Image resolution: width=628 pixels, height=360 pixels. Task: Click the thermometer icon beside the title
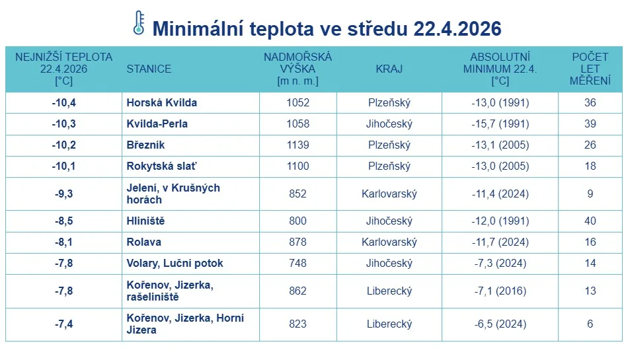point(139,23)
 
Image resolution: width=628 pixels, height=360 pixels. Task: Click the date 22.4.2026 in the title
point(457,29)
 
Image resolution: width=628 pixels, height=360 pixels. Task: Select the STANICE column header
point(149,69)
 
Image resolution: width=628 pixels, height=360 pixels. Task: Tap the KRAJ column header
point(389,69)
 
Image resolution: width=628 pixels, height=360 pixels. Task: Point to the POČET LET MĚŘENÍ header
point(590,69)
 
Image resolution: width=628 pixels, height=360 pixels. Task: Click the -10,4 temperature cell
point(63,103)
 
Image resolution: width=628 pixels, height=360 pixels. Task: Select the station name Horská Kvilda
point(162,103)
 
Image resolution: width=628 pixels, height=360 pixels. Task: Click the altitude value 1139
point(297,145)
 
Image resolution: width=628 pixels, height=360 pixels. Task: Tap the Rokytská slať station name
point(161,166)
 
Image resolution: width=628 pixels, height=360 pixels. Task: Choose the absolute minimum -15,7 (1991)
point(500,124)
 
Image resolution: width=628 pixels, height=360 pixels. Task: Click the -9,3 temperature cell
point(63,194)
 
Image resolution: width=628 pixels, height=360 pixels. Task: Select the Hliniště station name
point(146,221)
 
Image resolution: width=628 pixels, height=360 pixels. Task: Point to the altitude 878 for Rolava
point(297,242)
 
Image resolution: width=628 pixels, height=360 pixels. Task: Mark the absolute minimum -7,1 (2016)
point(500,291)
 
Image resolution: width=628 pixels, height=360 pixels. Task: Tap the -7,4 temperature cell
point(63,324)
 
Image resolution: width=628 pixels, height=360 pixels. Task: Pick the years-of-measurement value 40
point(590,221)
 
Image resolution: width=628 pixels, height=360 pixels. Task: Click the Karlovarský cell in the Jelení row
point(389,194)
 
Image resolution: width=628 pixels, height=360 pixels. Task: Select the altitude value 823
point(297,324)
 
